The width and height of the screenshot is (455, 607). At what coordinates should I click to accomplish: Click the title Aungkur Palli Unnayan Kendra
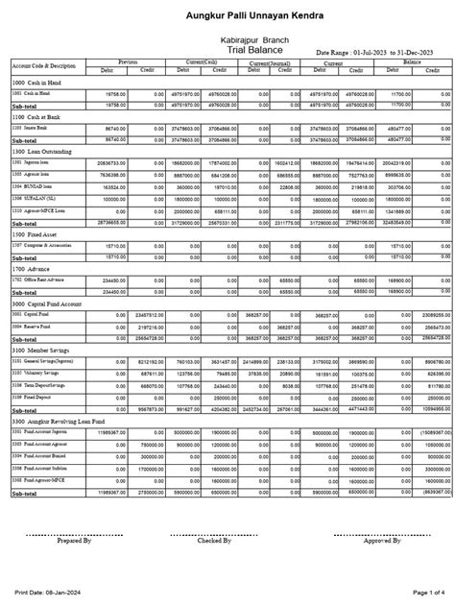click(x=227, y=16)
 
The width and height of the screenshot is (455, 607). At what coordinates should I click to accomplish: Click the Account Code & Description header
click(x=43, y=65)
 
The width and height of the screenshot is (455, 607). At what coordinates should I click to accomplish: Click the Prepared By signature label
click(x=74, y=541)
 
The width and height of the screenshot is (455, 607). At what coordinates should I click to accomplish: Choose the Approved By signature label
click(x=382, y=541)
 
